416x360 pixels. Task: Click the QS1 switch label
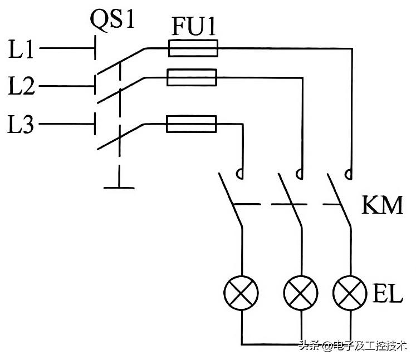point(112,19)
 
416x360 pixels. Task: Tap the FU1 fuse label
point(194,26)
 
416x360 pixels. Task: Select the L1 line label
point(21,49)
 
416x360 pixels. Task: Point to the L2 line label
point(21,86)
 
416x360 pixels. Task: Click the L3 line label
point(21,124)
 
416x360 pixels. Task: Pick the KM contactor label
point(382,205)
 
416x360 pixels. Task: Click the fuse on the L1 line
point(193,48)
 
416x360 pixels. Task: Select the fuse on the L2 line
point(192,77)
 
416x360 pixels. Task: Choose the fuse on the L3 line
point(191,124)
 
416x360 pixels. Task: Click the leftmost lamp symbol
point(241,293)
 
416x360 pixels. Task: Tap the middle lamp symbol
point(301,293)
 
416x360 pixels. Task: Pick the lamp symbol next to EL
point(350,293)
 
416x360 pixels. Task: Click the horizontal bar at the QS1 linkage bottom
point(119,188)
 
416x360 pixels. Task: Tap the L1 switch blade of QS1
point(121,62)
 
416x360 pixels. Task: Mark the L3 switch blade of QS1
point(121,137)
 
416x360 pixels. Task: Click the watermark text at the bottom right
point(353,346)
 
